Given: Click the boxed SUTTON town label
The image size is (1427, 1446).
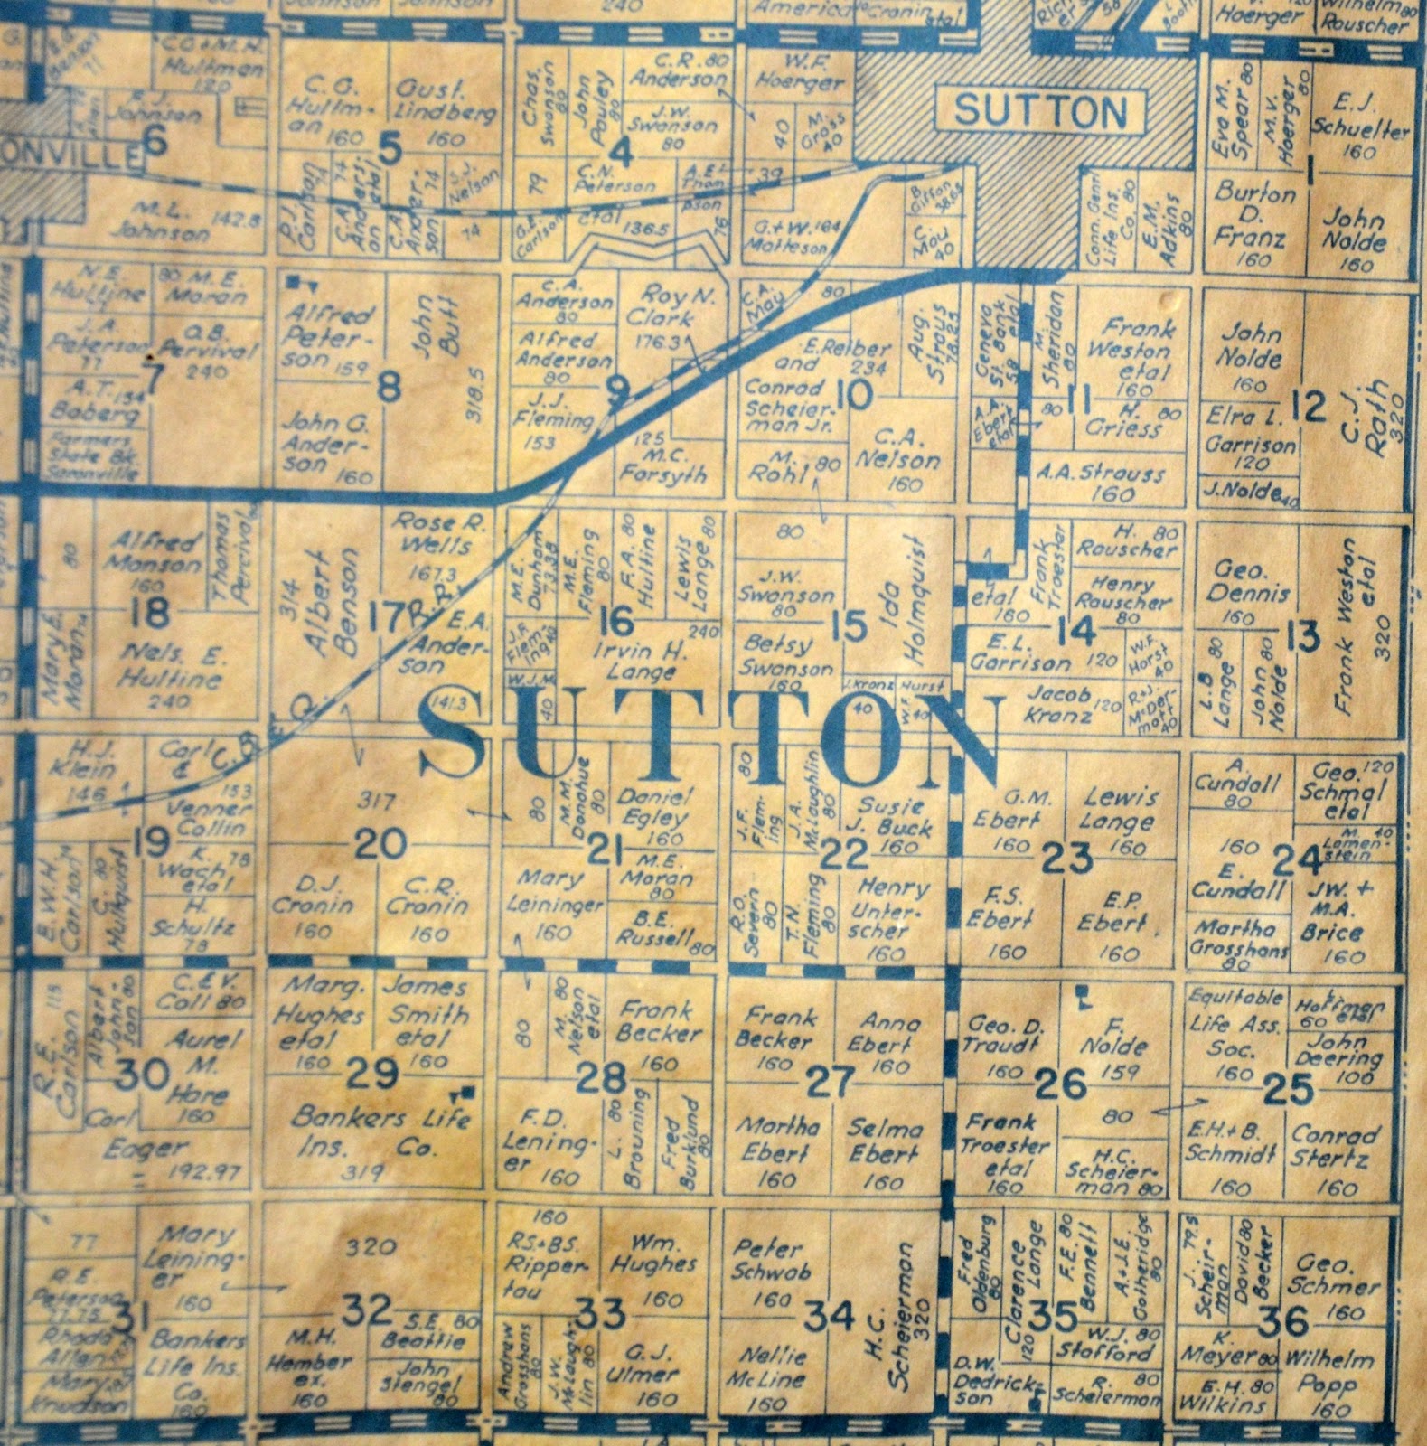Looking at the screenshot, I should click(x=1041, y=112).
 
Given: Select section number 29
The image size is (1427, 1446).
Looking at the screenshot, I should click(x=373, y=1073).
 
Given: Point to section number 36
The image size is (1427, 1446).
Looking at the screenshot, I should click(x=1283, y=1322).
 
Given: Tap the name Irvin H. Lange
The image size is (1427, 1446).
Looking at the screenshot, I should click(x=634, y=661).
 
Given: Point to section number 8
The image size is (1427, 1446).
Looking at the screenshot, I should click(x=388, y=389).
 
